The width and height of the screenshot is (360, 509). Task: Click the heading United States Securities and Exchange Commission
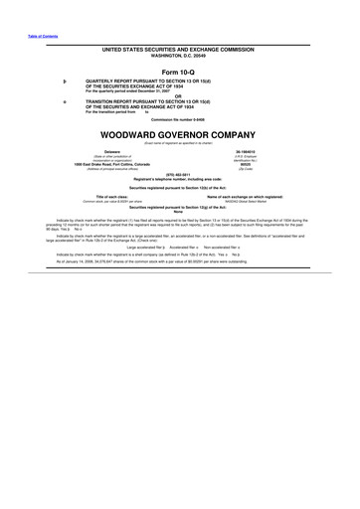tap(179, 48)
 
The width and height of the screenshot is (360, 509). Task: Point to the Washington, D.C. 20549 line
tap(179, 54)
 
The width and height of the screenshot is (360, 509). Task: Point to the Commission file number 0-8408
tap(179, 120)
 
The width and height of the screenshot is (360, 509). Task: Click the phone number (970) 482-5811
tap(179, 175)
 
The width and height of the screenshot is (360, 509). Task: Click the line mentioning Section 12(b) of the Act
tap(179, 187)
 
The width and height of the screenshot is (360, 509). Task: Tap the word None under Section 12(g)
tap(179, 211)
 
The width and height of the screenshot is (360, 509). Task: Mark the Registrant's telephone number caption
tap(179, 180)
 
